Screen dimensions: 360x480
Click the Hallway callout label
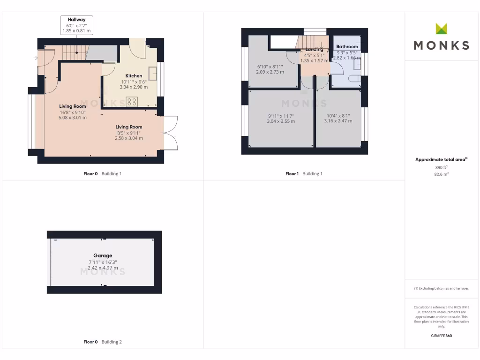point(76,20)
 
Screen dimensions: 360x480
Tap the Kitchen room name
point(134,76)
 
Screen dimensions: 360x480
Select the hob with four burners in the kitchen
point(132,102)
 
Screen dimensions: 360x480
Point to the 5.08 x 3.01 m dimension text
point(73,118)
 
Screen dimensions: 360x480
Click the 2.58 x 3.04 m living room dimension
point(129,138)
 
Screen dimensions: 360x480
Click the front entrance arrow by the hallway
point(36,59)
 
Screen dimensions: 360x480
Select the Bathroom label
point(347,46)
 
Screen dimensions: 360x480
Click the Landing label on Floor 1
point(314,49)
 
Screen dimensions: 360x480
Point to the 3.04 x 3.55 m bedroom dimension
point(281,121)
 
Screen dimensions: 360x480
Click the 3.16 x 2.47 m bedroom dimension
point(338,121)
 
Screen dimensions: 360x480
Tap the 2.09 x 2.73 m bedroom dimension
point(270,72)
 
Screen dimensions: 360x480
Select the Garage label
point(103,255)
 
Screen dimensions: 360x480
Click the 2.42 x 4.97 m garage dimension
point(103,268)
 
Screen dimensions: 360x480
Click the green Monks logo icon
point(441,29)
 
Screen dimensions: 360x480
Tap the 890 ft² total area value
point(441,167)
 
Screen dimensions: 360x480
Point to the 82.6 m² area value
point(441,174)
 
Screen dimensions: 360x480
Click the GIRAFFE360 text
point(441,336)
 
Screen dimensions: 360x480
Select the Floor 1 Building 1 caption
point(304,174)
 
